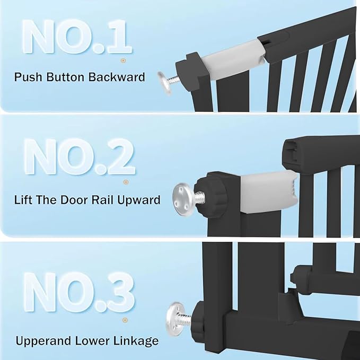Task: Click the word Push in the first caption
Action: coord(27,77)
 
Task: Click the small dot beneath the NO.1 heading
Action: coord(123,61)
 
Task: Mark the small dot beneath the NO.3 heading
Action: coord(126,320)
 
